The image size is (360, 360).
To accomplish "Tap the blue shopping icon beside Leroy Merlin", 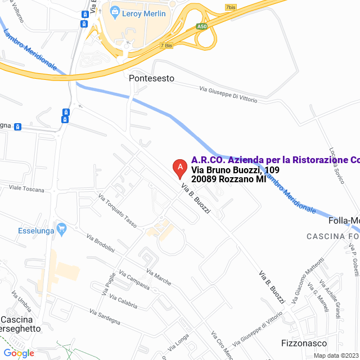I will coord(115,11).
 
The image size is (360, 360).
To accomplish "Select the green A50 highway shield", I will coord(202,26).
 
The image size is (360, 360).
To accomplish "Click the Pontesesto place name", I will coord(151,78).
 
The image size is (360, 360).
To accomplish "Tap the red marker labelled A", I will coord(179,167).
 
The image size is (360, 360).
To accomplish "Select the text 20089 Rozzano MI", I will coord(228,179).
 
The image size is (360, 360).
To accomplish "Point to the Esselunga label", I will coord(35,229).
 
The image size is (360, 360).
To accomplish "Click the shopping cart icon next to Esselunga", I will coord(62,229).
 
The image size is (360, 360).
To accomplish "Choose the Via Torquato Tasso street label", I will coord(118,211).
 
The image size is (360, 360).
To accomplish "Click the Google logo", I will coord(19,353).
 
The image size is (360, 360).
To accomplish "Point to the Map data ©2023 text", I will coord(336,355).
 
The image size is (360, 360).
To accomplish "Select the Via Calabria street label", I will coord(124,301).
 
